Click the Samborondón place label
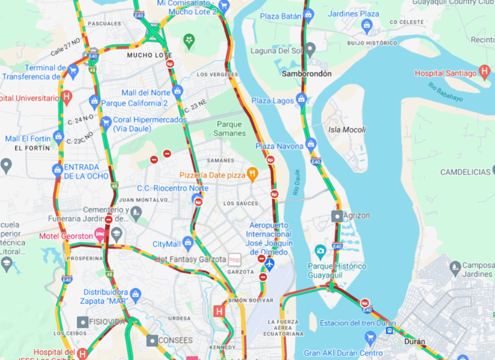(307, 74)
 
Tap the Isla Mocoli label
(347, 130)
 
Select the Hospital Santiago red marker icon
(485, 73)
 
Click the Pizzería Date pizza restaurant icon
(253, 175)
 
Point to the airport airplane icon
(269, 263)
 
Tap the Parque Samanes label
(230, 128)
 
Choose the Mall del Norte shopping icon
(177, 92)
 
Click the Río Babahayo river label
(445, 92)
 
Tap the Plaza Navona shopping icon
(311, 145)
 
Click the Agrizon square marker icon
(337, 215)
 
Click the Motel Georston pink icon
(100, 232)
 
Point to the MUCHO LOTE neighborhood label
(149, 55)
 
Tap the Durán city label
(414, 341)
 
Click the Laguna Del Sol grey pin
(310, 49)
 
